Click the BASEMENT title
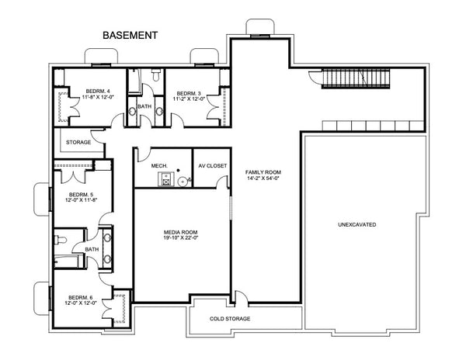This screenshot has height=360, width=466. [x=130, y=36]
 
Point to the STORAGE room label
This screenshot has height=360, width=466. [x=78, y=143]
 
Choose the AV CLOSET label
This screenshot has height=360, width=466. [x=211, y=164]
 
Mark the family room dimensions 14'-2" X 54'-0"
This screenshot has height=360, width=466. [x=263, y=178]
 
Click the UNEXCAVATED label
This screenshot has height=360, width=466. [x=357, y=224]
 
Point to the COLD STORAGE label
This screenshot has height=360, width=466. [x=231, y=319]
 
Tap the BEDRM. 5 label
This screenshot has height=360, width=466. [x=82, y=194]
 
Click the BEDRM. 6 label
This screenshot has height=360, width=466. [x=82, y=297]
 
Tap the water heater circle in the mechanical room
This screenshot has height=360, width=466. [x=183, y=182]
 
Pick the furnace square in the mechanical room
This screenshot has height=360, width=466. [x=165, y=180]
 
